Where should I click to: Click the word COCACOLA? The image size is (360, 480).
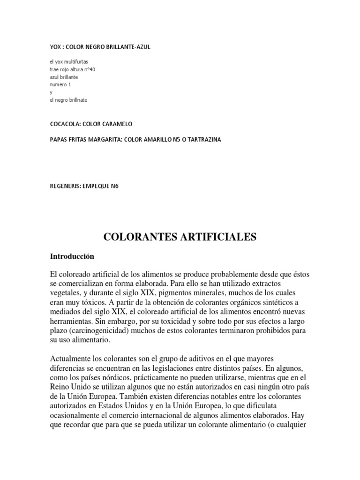click(65, 124)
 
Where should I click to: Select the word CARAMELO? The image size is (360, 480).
click(117, 124)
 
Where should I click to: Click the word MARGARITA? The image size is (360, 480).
click(105, 139)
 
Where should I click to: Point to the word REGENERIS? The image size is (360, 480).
click(65, 186)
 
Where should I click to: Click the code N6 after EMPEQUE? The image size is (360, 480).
click(114, 186)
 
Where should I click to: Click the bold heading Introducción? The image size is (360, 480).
click(72, 256)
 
